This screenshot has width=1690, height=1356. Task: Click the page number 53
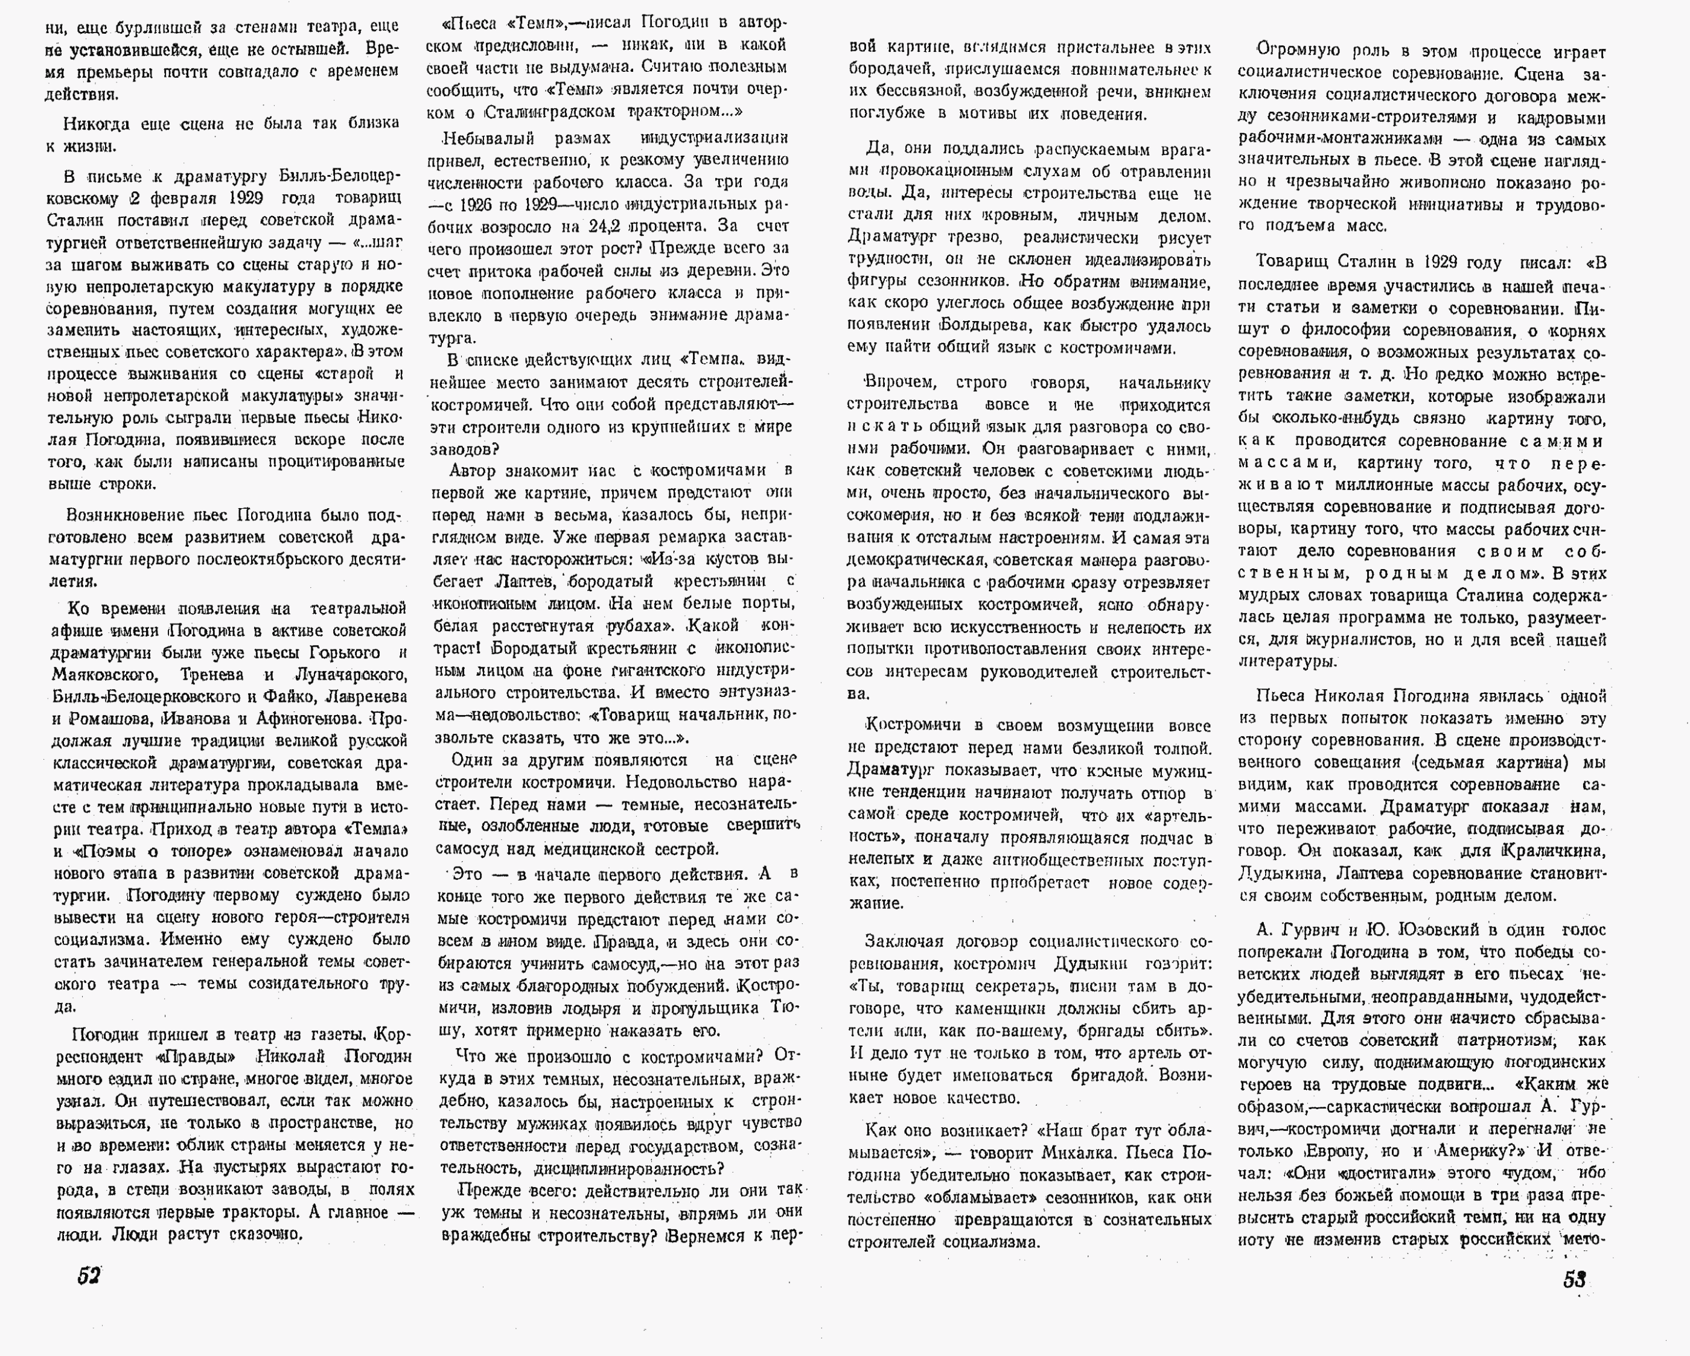(1574, 1279)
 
